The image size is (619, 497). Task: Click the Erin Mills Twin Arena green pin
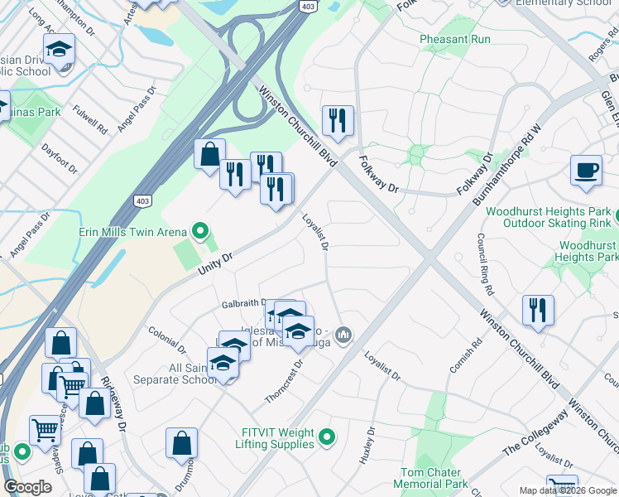(x=199, y=231)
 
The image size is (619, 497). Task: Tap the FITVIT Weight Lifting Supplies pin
(x=328, y=436)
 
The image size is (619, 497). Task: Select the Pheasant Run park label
(x=454, y=39)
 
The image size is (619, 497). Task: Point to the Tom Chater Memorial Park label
(x=429, y=478)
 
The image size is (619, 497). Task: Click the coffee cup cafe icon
(x=586, y=171)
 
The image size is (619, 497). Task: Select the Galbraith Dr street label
(x=243, y=304)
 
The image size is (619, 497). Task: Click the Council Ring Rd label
(x=485, y=265)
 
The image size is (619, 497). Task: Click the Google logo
(x=28, y=487)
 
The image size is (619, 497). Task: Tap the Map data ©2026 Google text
(x=567, y=490)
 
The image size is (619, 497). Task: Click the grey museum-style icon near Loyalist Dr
(x=344, y=335)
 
